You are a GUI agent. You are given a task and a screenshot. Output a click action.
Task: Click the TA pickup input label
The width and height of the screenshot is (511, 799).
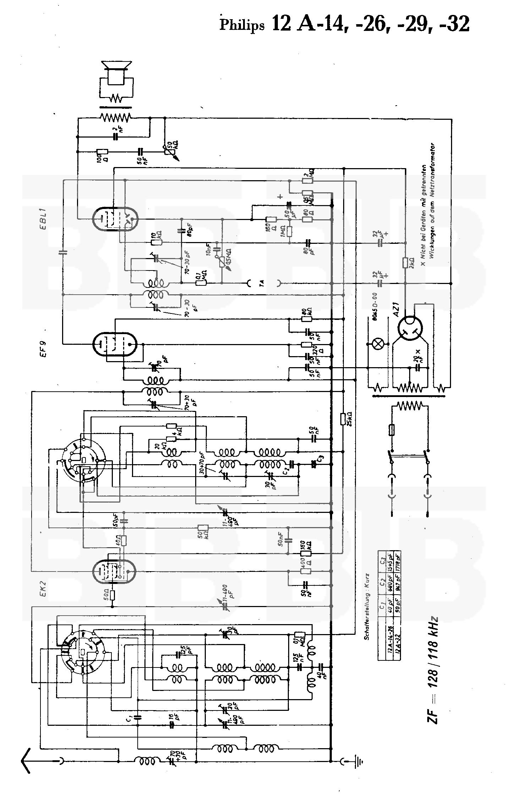pyautogui.click(x=262, y=283)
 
